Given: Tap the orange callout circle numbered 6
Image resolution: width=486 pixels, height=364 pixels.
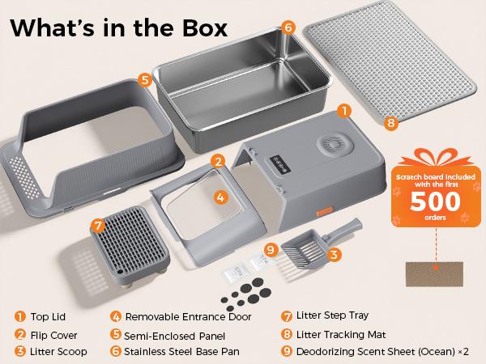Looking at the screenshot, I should (x=288, y=27).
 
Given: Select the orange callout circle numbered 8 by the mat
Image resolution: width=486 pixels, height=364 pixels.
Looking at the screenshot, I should (x=391, y=124).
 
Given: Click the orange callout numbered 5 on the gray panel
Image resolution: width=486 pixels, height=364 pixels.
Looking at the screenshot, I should (x=143, y=80).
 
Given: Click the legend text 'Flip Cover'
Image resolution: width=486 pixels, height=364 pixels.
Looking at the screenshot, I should (x=56, y=333).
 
